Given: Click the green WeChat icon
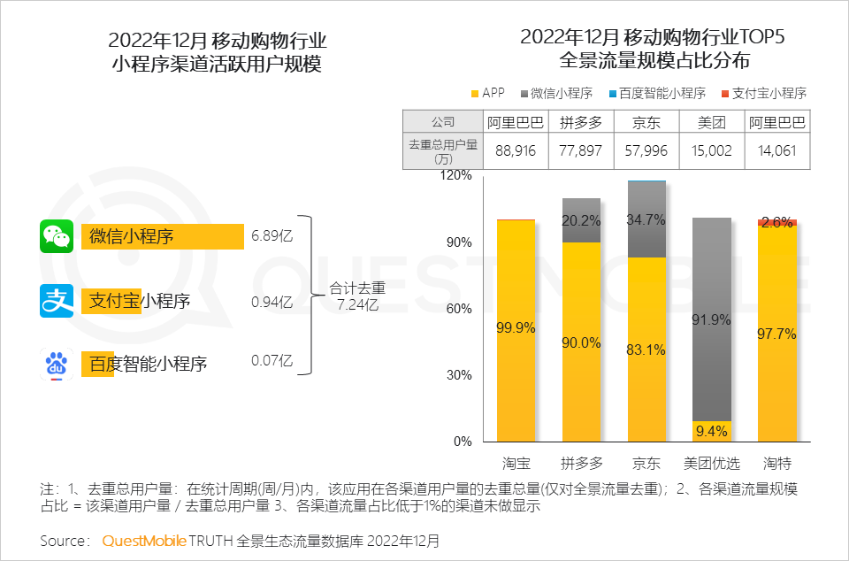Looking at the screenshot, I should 57,236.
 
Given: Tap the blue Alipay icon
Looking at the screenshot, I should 57,300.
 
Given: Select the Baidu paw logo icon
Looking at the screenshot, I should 57,364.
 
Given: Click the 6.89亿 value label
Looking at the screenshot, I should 272,237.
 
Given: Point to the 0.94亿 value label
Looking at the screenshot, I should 272,301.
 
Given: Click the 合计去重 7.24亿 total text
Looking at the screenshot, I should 357,296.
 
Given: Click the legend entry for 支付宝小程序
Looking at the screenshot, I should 763,93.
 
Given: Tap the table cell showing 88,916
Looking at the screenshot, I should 516,150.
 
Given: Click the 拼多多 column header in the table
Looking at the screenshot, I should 580,122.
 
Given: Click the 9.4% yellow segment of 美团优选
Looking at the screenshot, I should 712,432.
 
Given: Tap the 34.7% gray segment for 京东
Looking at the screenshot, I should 646,219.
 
